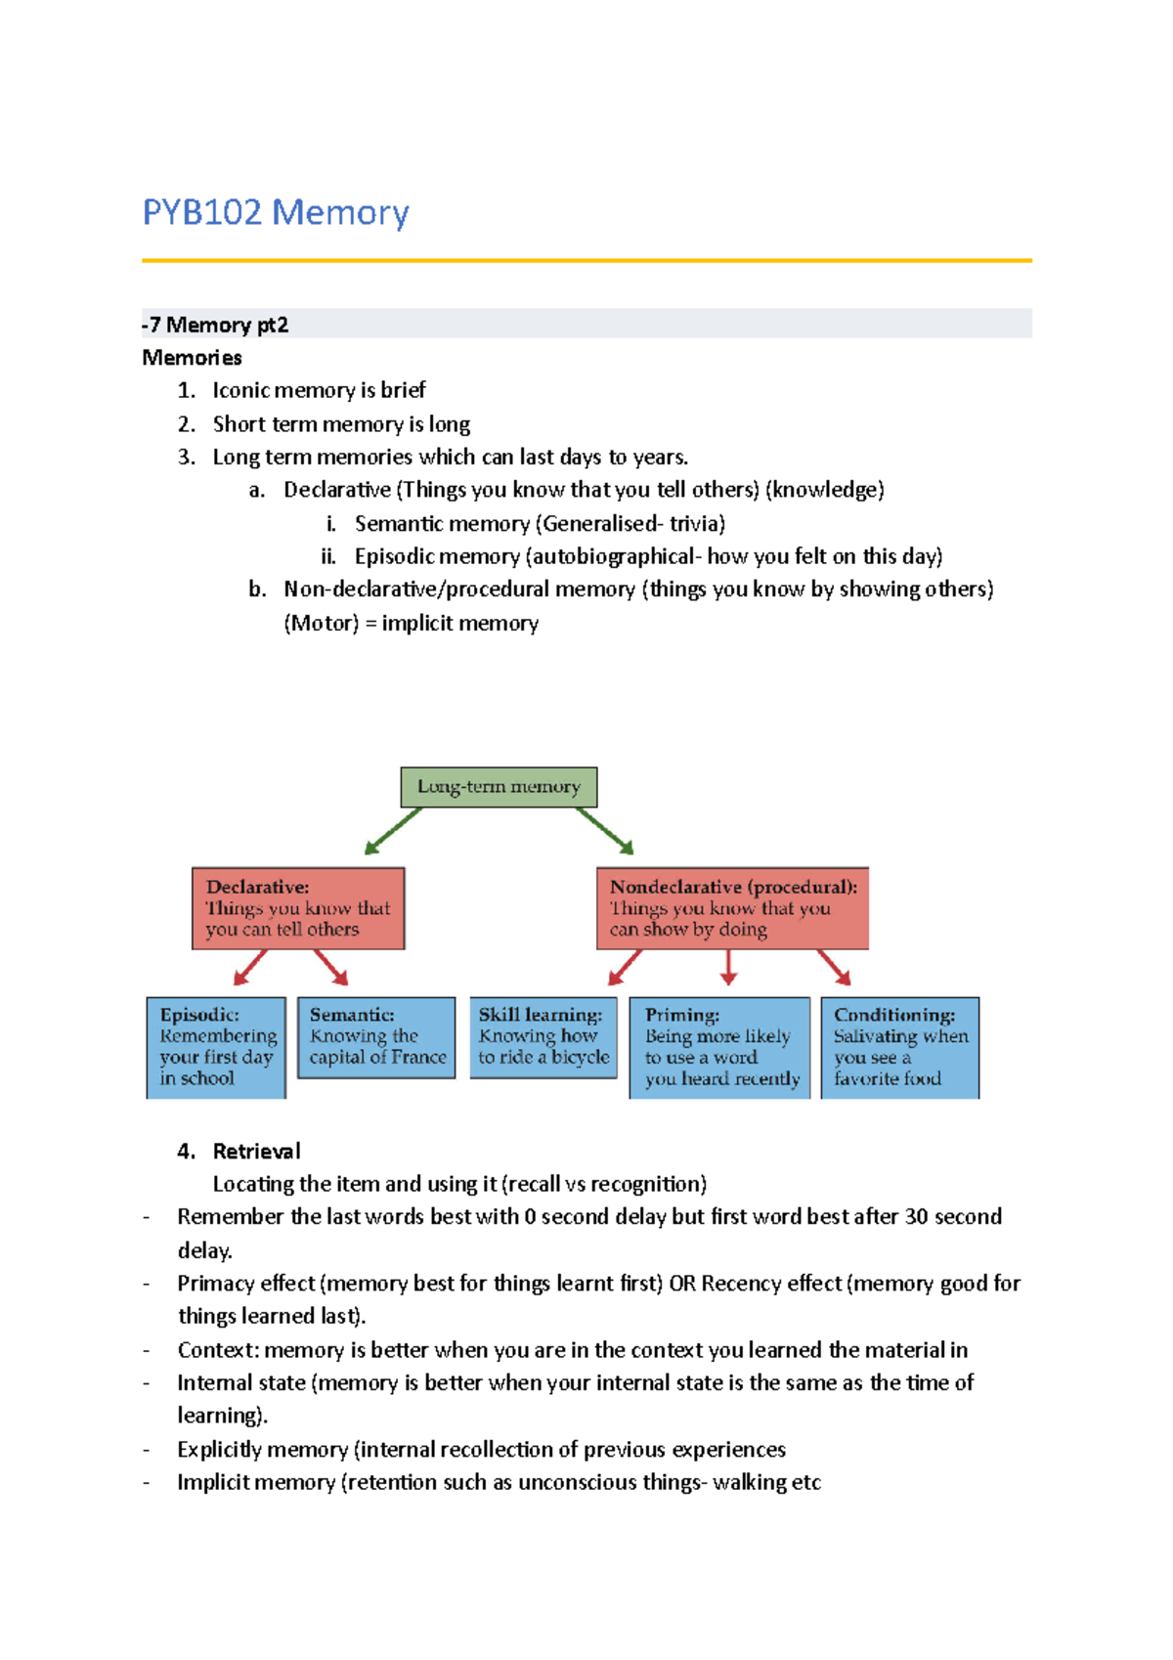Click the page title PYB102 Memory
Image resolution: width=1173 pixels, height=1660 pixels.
coord(276,212)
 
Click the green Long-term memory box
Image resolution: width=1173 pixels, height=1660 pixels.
coord(499,787)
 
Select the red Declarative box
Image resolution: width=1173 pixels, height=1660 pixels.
coord(298,908)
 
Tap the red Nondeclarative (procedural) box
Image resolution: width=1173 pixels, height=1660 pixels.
coord(732,908)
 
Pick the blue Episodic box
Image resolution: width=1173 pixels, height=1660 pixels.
coord(216,1047)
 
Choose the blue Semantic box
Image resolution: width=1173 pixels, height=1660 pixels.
coord(376,1037)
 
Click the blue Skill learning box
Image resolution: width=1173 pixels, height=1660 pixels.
coord(543,1037)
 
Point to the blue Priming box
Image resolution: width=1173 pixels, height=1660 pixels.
coord(719,1047)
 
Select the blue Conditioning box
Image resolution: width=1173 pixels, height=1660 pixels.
coord(899,1047)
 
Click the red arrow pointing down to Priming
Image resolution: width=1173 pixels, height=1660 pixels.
coord(728,967)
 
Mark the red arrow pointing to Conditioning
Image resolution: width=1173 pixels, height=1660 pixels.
coord(835,967)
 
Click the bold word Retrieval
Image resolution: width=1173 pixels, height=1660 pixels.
coord(256,1151)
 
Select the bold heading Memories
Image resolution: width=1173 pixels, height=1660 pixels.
coord(192,358)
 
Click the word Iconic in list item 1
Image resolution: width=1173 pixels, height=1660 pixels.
coord(240,390)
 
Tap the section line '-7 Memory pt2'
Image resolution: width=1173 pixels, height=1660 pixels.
coord(215,325)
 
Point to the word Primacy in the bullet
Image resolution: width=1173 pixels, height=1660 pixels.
coord(209,1284)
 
